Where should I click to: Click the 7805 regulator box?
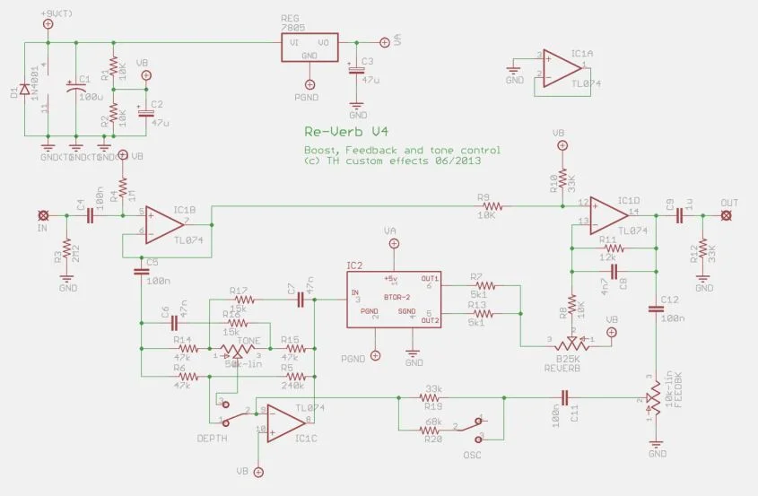point(309,48)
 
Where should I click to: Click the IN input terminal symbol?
point(42,216)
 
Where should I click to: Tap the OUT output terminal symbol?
point(728,216)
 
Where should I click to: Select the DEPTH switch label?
point(210,437)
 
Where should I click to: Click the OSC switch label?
point(473,455)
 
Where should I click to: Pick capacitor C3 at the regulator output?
point(357,71)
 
